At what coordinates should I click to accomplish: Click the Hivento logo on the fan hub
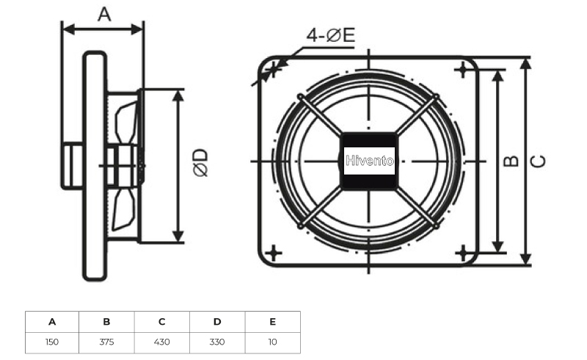click(370, 161)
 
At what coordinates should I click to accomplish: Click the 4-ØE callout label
click(331, 35)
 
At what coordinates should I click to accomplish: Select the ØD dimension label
click(201, 163)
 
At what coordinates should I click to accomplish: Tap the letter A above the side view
click(104, 14)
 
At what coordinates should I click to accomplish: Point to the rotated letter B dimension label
click(511, 161)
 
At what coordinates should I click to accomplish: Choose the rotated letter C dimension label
click(539, 161)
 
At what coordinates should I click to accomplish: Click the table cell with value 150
click(51, 342)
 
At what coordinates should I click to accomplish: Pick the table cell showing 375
click(106, 342)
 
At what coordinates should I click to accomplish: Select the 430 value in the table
click(161, 342)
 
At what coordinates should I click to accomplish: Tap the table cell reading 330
click(217, 342)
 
